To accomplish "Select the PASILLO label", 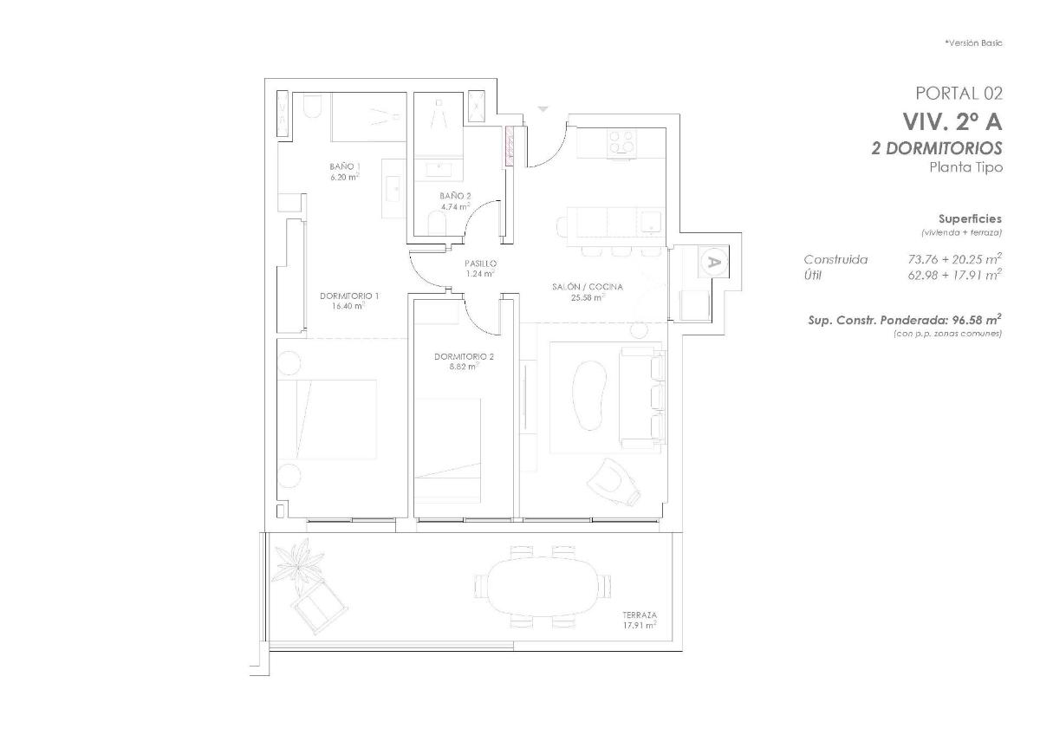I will pos(479,263).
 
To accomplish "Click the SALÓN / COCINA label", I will pos(588,286).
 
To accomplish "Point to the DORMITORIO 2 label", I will pos(464,356).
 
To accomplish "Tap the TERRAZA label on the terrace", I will pos(639,614).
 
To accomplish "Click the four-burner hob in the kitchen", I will pos(621,141).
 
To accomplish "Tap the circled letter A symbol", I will pos(713,261).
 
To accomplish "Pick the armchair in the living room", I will pos(614,479).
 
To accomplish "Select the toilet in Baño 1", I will pos(313,107).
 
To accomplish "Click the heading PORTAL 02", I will pos(959,93).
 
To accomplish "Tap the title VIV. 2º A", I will pos(952,120).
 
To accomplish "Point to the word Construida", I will pos(835,259).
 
